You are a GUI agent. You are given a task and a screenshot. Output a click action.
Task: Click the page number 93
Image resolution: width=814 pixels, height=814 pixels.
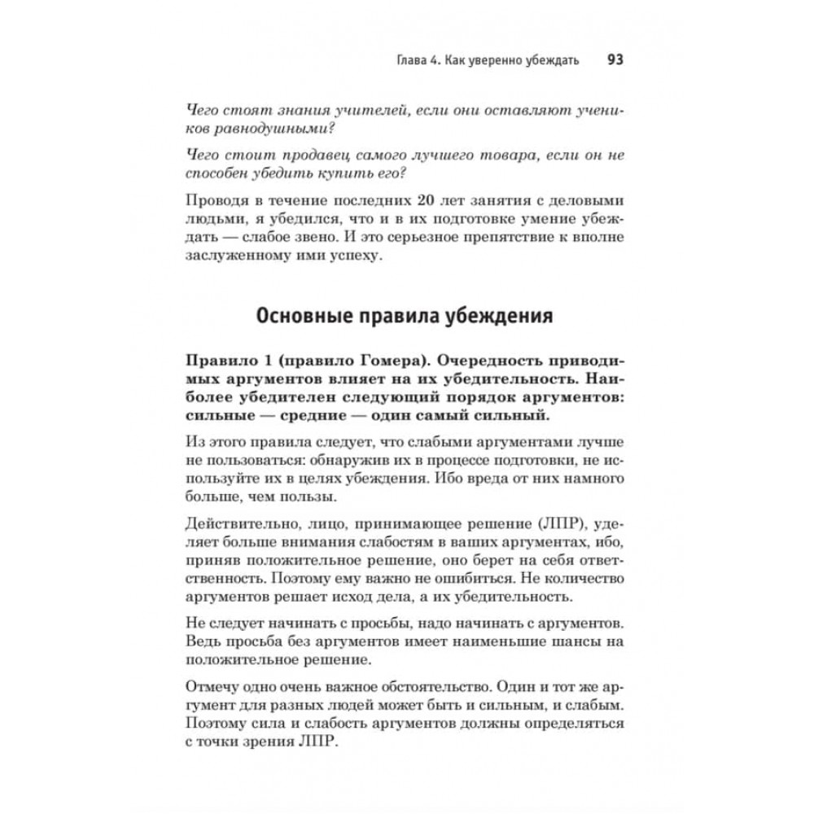[615, 61]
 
